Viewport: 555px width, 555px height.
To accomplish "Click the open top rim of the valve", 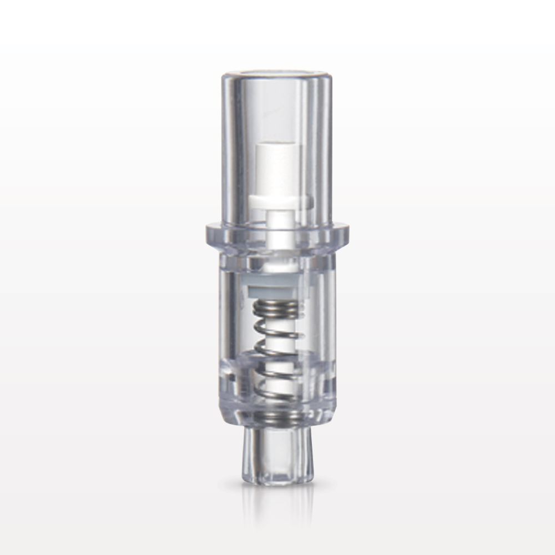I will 277,75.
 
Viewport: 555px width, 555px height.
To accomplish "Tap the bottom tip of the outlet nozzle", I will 277,482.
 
